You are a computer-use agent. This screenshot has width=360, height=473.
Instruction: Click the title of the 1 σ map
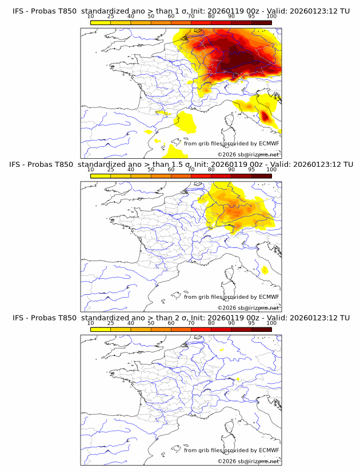click(180, 11)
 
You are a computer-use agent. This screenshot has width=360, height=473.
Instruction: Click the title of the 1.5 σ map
click(180, 165)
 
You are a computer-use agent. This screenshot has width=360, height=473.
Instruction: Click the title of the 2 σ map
click(180, 318)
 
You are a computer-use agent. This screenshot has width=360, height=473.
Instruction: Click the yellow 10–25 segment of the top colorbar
click(101, 23)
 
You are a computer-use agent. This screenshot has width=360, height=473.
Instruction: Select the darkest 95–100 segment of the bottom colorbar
click(261, 330)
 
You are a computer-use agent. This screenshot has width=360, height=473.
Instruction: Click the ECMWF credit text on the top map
click(231, 143)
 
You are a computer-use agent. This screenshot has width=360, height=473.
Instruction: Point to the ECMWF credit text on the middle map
click(231, 296)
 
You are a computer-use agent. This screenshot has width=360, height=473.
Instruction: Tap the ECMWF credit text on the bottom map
click(231, 450)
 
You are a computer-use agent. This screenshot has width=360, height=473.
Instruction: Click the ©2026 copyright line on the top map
click(248, 154)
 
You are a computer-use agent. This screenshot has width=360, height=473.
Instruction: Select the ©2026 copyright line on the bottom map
click(248, 461)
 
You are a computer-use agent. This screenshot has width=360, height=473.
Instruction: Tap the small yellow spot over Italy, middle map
click(265, 270)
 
